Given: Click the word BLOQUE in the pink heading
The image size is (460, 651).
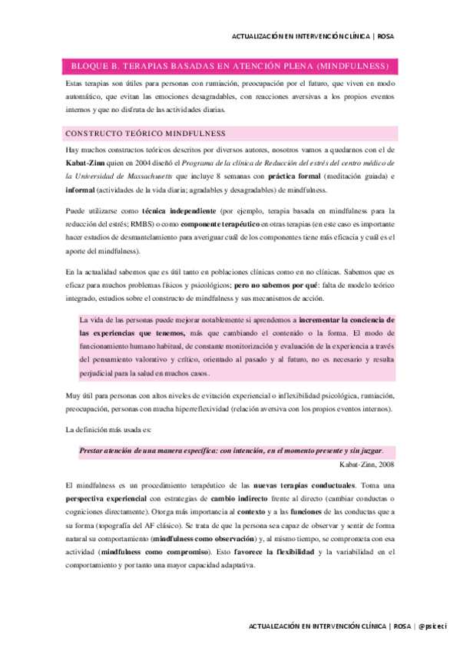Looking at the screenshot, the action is [90, 65].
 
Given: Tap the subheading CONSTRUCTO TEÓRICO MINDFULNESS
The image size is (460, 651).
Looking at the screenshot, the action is [145, 134].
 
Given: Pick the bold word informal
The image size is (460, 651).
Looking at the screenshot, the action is [81, 190].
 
